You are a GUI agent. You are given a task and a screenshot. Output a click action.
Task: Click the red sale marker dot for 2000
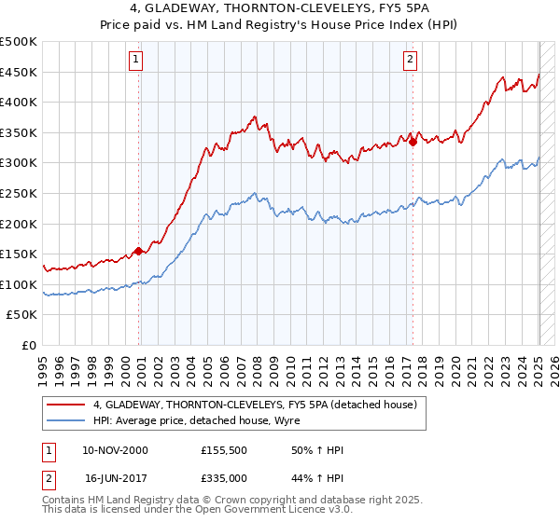pyautogui.click(x=138, y=251)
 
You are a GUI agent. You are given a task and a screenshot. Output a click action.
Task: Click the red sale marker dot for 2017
pyautogui.click(x=413, y=143)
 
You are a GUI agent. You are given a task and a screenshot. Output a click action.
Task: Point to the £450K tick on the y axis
pyautogui.click(x=20, y=72)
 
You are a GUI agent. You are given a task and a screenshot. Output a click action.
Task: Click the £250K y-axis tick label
pyautogui.click(x=20, y=194)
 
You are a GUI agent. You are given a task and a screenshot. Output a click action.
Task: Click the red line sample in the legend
pyautogui.click(x=66, y=404)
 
